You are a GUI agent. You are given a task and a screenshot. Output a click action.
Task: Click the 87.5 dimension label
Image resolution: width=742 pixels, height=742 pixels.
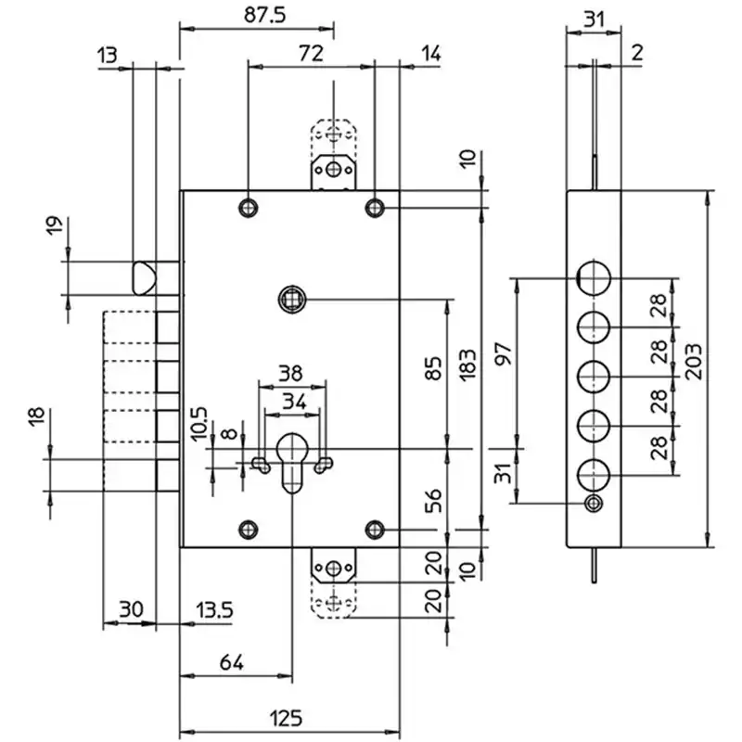[x=265, y=15]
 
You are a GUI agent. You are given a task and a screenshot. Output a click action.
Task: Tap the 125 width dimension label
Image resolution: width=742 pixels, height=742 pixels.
[x=287, y=718]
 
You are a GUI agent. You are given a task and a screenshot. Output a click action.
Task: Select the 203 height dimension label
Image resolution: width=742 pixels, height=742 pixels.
[x=694, y=362]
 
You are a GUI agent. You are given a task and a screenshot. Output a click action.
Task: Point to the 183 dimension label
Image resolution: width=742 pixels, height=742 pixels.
[x=467, y=365]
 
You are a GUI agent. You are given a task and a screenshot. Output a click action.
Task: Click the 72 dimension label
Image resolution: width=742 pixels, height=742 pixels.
[x=311, y=54]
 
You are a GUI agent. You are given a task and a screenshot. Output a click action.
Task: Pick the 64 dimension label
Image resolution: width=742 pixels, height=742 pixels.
[x=231, y=662]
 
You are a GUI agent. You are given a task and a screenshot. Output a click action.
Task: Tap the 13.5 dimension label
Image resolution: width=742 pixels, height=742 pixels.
[x=214, y=610]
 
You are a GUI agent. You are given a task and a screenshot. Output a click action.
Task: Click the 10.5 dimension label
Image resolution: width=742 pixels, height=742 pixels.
[x=199, y=424]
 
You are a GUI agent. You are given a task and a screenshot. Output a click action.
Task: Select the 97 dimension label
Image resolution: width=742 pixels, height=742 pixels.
[x=504, y=354]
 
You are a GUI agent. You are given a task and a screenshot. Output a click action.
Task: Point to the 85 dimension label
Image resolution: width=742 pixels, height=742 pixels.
[x=433, y=368]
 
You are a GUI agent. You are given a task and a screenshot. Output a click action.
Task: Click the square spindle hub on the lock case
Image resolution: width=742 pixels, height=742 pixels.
[x=292, y=299]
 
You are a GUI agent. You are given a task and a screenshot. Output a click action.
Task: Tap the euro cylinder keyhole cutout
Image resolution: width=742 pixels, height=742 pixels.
[x=291, y=462]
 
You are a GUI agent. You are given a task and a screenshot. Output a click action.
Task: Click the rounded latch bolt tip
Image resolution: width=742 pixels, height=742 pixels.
[x=143, y=277]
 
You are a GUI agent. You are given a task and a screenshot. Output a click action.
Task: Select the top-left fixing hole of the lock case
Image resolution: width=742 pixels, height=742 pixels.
[x=249, y=208]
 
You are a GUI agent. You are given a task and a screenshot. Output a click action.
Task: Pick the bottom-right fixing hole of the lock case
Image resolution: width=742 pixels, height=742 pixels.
[x=375, y=529]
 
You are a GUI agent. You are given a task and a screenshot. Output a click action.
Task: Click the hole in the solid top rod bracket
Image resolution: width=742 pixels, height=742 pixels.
[x=334, y=169]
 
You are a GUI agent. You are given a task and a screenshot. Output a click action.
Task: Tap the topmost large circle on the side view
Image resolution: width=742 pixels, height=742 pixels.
[x=594, y=278]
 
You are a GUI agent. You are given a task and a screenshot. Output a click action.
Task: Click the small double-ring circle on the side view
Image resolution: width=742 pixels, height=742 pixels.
[x=594, y=503]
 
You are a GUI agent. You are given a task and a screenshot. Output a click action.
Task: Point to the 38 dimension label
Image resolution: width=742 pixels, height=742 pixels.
[x=290, y=374]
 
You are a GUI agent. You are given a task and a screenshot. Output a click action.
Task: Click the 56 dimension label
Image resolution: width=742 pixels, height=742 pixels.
[x=433, y=501]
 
